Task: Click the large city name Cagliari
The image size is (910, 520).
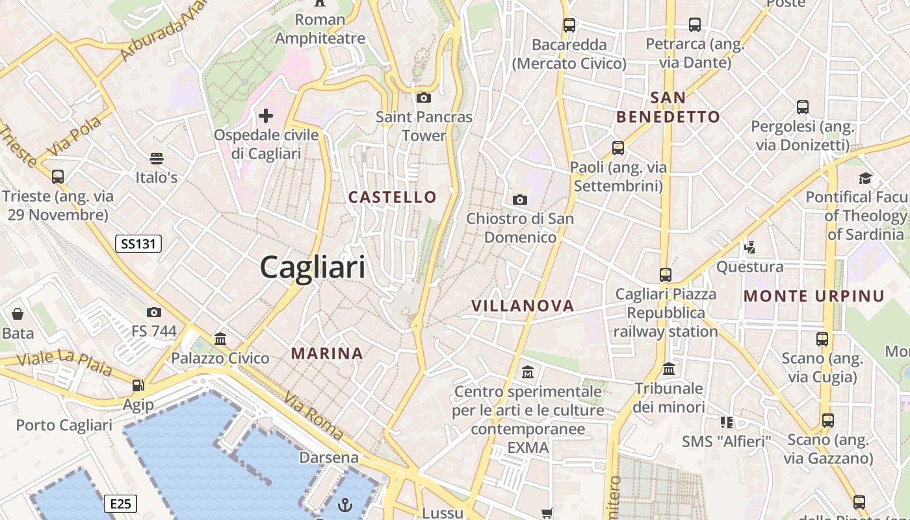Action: pyautogui.click(x=313, y=267)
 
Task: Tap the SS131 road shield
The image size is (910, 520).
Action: pyautogui.click(x=138, y=244)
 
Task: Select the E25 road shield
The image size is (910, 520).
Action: pyautogui.click(x=120, y=503)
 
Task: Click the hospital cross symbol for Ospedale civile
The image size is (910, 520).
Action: pyautogui.click(x=266, y=116)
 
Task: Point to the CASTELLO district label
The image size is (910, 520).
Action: pyautogui.click(x=393, y=197)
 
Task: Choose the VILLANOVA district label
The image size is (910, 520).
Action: pyautogui.click(x=523, y=305)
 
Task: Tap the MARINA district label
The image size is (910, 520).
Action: pyautogui.click(x=327, y=354)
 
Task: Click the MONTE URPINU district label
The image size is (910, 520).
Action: pyautogui.click(x=814, y=296)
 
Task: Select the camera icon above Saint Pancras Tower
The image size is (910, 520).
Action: pyautogui.click(x=424, y=98)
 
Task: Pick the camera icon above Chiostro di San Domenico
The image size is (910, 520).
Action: pyautogui.click(x=520, y=200)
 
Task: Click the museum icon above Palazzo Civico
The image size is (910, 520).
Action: pyautogui.click(x=220, y=339)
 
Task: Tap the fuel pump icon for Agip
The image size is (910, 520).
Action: pyautogui.click(x=138, y=385)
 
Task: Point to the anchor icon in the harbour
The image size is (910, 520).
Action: pyautogui.click(x=346, y=504)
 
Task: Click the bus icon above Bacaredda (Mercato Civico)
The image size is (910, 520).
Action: pyautogui.click(x=569, y=25)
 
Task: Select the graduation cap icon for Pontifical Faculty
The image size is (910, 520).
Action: pyautogui.click(x=865, y=178)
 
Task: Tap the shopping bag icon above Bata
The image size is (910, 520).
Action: pyautogui.click(x=18, y=315)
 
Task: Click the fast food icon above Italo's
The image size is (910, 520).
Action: pyautogui.click(x=156, y=159)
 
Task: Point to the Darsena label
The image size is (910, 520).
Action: pyautogui.click(x=329, y=458)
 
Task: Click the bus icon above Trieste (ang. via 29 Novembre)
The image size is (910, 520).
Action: pyautogui.click(x=58, y=176)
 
